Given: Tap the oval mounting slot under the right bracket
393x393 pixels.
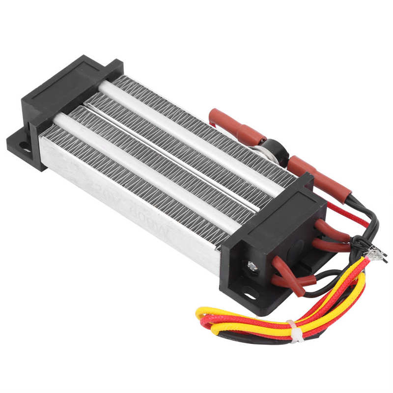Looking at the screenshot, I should coord(251,296).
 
